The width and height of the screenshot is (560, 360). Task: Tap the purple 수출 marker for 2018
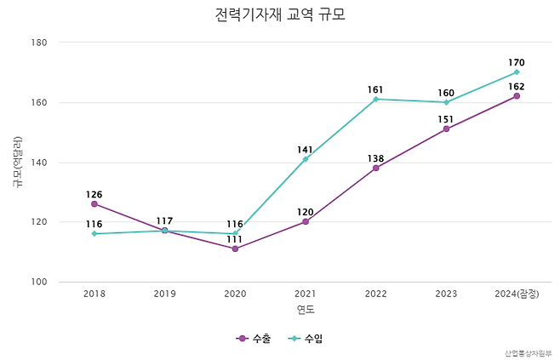[94, 203]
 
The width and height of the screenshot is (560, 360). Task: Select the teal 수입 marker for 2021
[306, 159]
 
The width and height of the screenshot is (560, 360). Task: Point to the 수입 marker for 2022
[375, 100]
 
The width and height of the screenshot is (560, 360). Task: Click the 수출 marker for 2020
[235, 249]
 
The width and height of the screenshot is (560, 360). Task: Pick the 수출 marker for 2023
[446, 129]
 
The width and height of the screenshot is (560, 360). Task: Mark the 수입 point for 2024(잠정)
[517, 72]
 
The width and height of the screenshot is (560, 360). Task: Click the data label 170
[517, 62]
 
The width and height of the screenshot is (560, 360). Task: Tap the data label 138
[375, 158]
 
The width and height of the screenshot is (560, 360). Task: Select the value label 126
[94, 194]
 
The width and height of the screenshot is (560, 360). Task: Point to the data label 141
[306, 150]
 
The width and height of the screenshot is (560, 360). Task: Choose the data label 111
[235, 239]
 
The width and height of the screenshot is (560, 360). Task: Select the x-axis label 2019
[164, 294]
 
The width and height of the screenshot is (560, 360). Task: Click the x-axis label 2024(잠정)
[517, 294]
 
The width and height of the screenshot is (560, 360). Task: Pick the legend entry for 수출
[254, 339]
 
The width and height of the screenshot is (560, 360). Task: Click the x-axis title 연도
[306, 309]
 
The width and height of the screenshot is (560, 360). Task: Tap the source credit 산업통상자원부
[528, 352]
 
